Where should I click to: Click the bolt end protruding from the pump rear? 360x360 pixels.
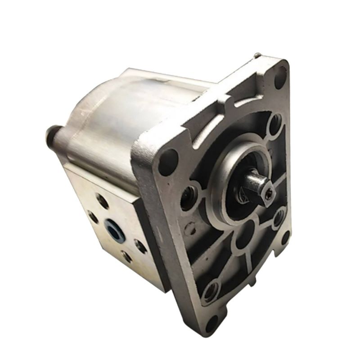tap(52, 134)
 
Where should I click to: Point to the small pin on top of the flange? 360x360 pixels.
tap(256, 56)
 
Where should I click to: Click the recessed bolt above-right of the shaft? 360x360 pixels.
tap(275, 122)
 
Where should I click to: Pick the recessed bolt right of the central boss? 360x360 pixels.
tap(279, 218)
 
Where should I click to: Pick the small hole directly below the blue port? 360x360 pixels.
tap(126, 257)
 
